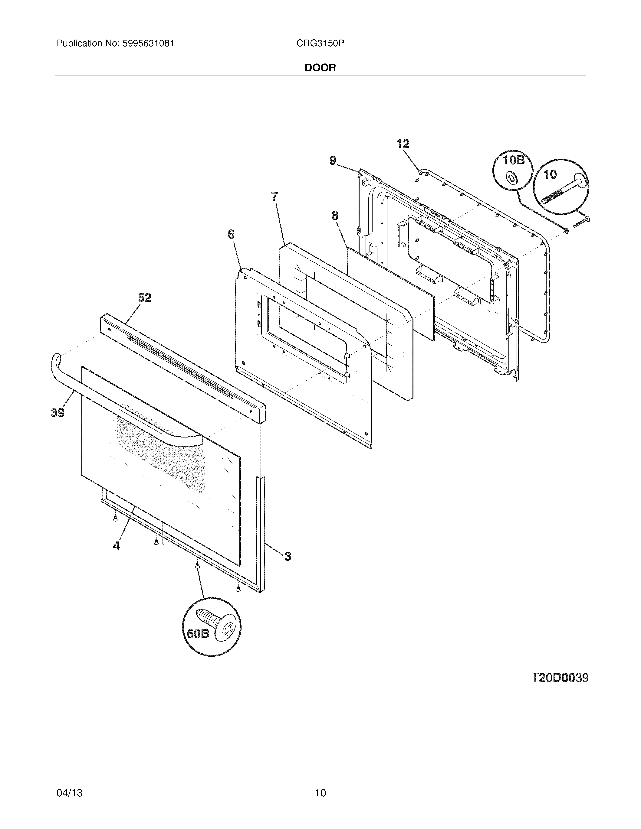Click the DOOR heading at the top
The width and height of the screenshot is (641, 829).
click(x=320, y=68)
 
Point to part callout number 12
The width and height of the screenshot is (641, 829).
click(x=403, y=144)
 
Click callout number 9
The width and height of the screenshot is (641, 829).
click(x=333, y=161)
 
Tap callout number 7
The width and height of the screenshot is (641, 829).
click(x=274, y=197)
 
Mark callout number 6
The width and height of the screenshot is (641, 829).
click(x=231, y=234)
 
